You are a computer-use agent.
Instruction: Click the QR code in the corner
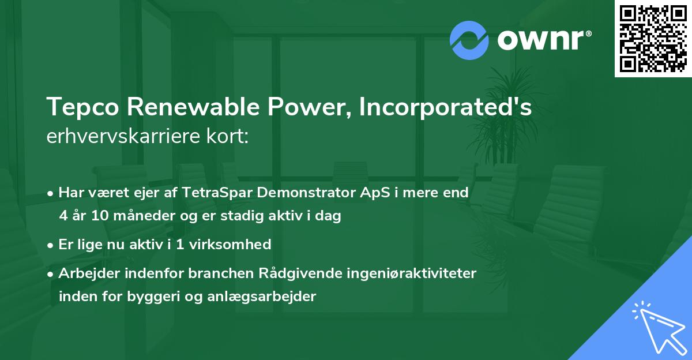coord(653,38)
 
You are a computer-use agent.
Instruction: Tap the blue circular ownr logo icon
coord(469,39)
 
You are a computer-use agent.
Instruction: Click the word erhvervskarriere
coord(115,137)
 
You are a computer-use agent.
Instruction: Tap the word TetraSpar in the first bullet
coord(211,193)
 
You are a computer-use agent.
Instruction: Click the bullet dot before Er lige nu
coord(51,245)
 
